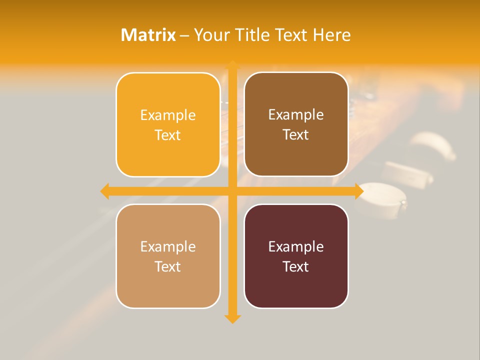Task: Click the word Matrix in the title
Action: tap(148, 35)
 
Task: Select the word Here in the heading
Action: tap(332, 35)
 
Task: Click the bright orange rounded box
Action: tap(168, 125)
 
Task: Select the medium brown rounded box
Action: tap(296, 124)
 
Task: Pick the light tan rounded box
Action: tap(168, 256)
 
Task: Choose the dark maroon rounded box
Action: tap(296, 256)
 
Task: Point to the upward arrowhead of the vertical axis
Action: tap(232, 65)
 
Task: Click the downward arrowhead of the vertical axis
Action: tap(232, 318)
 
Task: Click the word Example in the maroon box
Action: tap(296, 246)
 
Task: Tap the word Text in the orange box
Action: tap(168, 135)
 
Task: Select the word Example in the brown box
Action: tap(296, 114)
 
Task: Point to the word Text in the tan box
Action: tap(168, 266)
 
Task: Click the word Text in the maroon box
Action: tap(296, 266)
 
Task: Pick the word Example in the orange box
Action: tap(168, 115)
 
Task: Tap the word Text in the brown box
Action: tap(296, 134)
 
